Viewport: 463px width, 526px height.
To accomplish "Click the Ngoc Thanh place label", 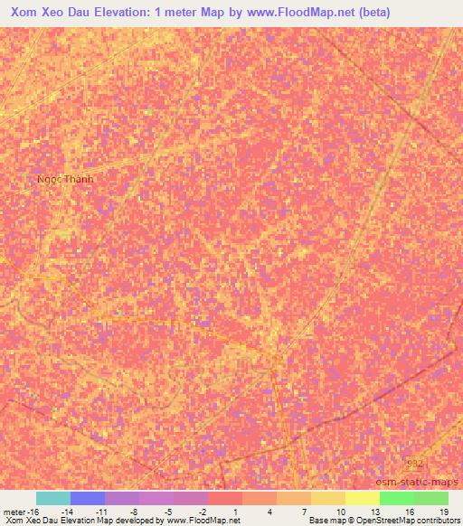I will [x=65, y=179].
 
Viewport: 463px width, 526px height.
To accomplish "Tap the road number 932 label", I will [x=414, y=464].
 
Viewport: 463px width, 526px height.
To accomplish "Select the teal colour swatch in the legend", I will [x=52, y=498].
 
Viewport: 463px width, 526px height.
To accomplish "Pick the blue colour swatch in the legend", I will [x=87, y=498].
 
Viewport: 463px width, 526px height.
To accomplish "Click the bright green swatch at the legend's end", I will [x=430, y=498].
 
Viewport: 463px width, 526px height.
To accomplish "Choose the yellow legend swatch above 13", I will [x=362, y=498].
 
